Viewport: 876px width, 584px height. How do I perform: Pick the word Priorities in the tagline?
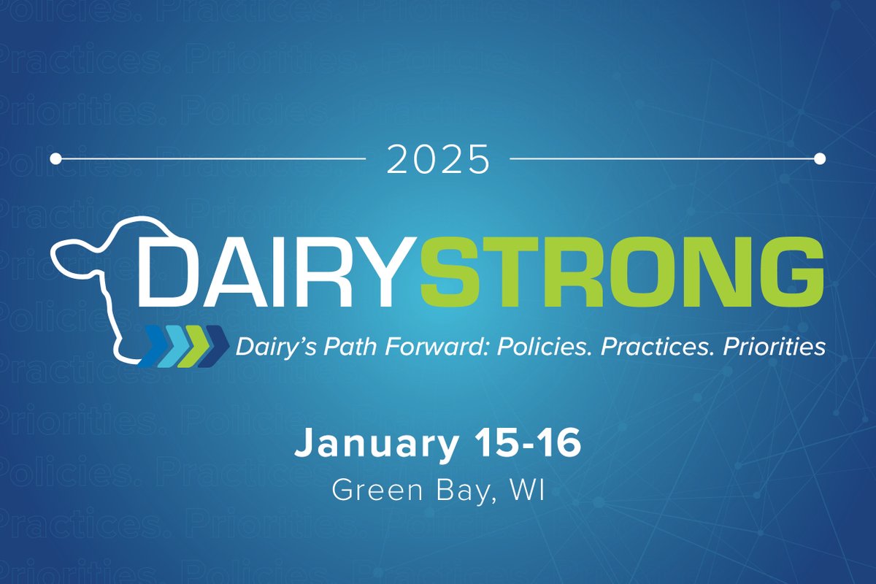pyautogui.click(x=774, y=347)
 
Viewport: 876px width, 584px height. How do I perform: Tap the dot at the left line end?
pyautogui.click(x=56, y=158)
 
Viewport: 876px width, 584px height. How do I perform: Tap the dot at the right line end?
pyautogui.click(x=819, y=158)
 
